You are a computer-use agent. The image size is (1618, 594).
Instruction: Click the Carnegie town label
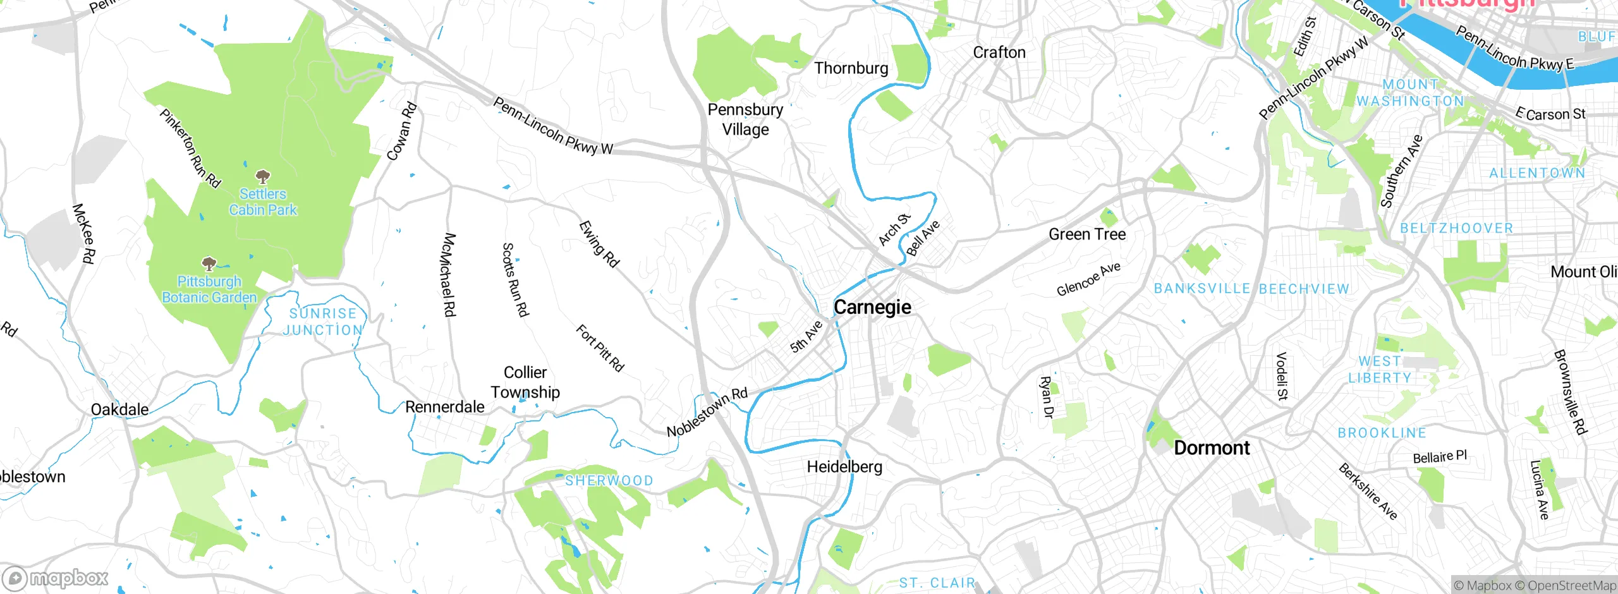(x=872, y=307)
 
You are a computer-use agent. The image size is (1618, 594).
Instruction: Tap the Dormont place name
(x=1212, y=448)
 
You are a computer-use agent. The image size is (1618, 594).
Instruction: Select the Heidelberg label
(x=844, y=467)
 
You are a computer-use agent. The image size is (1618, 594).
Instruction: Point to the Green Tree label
(x=1087, y=234)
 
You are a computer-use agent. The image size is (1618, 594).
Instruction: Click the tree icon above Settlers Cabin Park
(x=263, y=176)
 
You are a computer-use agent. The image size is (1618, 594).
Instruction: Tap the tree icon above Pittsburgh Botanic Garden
(x=209, y=264)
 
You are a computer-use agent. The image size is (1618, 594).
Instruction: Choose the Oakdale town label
(x=119, y=409)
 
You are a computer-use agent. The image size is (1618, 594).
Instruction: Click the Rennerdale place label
(x=444, y=407)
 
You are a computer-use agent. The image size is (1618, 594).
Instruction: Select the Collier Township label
(x=525, y=382)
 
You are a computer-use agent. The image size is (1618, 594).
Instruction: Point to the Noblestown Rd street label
(x=707, y=413)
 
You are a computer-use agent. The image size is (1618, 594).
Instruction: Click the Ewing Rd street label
(x=599, y=244)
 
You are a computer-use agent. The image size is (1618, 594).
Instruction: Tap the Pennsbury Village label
(x=745, y=119)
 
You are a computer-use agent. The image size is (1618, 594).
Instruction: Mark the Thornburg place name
(x=851, y=68)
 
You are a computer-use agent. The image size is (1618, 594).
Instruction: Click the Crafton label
(x=999, y=52)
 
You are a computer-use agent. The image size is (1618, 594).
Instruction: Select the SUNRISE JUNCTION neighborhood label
(x=323, y=322)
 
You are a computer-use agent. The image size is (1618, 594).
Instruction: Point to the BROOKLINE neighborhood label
(x=1382, y=433)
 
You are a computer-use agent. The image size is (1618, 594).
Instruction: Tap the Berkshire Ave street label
(x=1368, y=492)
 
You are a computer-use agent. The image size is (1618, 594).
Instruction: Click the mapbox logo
(x=56, y=578)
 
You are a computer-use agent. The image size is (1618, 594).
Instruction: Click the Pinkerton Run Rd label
(x=190, y=148)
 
